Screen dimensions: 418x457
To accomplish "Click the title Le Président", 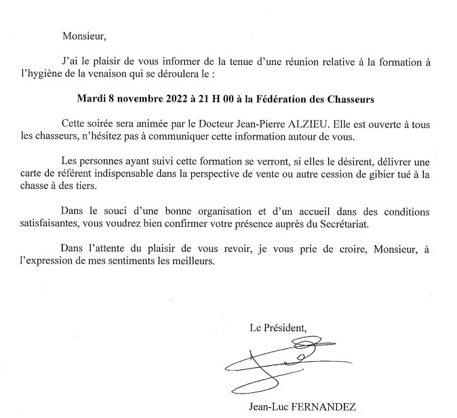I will coord(278,329).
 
